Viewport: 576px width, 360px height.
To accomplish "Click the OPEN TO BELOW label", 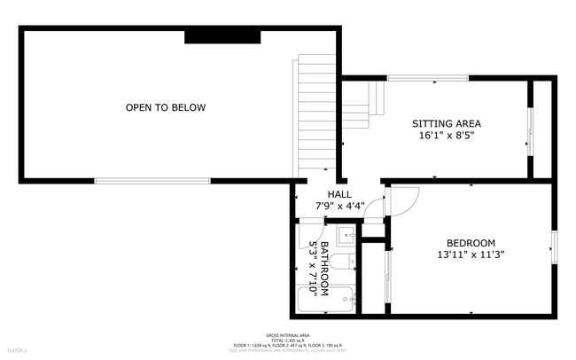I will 166,108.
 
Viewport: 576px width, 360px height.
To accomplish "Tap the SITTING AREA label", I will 447,123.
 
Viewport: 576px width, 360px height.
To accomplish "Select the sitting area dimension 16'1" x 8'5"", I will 447,137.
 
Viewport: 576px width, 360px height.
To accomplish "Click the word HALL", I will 339,194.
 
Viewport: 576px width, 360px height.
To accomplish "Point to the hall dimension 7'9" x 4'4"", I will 339,207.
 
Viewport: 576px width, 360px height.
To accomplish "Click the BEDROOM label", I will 471,243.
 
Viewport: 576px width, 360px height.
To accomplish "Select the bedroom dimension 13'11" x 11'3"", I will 471,255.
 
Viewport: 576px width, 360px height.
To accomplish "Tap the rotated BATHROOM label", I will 325,268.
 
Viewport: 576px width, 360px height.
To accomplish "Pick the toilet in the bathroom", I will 349,261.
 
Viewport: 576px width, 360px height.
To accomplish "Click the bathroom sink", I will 346,235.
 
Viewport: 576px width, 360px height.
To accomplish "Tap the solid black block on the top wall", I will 222,36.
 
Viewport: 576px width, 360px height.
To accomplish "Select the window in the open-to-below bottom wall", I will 152,181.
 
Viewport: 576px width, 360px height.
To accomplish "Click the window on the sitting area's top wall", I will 428,79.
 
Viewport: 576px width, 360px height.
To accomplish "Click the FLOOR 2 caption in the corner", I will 19,351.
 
